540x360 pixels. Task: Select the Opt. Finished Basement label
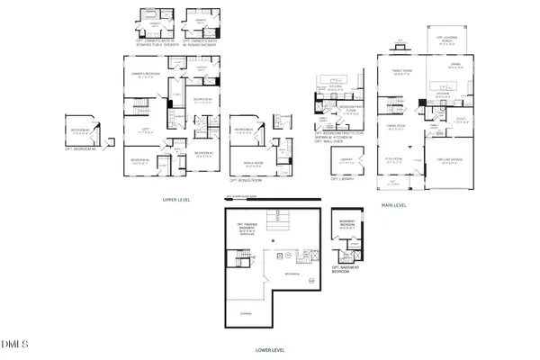(x=243, y=228)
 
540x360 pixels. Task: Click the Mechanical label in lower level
(x=292, y=274)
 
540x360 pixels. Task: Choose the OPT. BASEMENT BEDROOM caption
(x=349, y=267)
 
